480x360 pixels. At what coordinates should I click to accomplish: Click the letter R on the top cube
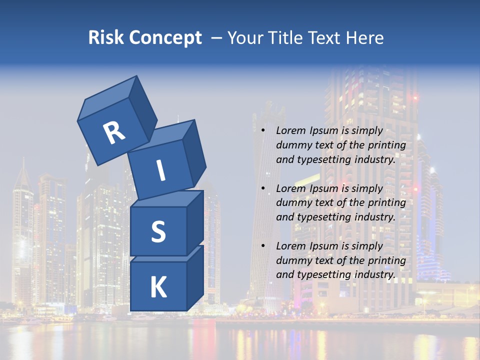coord(114,133)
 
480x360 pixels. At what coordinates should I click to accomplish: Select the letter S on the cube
coord(158,231)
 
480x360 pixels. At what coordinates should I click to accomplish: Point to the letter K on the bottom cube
coord(158,287)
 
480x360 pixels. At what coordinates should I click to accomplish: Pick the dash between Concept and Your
coord(217,38)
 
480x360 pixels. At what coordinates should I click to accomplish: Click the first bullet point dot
coord(263,131)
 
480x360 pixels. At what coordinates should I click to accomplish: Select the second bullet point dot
coord(263,189)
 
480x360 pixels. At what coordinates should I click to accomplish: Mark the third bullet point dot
coord(263,246)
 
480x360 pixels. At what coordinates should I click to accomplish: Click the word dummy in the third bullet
coord(292,260)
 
